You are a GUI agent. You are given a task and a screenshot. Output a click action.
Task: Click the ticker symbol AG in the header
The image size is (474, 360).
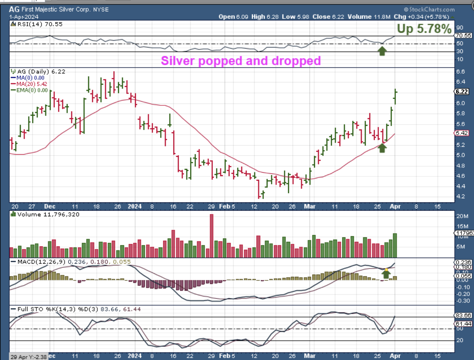[x=14, y=9]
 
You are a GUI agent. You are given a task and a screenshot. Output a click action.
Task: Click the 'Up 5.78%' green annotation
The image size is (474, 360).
[x=424, y=29]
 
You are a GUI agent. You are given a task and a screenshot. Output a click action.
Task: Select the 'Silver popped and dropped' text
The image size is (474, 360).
[x=241, y=61]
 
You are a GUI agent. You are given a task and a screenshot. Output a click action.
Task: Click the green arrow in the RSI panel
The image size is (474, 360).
[x=382, y=50]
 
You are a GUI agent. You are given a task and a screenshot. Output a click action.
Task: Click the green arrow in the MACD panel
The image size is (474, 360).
[x=386, y=274]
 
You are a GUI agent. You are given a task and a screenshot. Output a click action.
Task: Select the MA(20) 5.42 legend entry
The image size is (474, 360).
[x=32, y=84]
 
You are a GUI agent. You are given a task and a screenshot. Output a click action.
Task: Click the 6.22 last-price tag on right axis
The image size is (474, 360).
[x=462, y=92]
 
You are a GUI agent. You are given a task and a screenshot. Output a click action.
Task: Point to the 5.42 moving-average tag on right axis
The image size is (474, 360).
[x=462, y=133]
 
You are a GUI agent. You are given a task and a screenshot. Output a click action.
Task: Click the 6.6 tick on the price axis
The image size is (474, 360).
[x=460, y=71]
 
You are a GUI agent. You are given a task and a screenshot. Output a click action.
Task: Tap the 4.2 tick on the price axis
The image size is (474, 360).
[x=460, y=196]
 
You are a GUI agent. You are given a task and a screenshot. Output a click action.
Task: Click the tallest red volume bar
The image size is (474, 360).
[x=211, y=235]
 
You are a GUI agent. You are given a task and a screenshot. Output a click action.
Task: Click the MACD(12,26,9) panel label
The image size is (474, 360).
[x=41, y=262]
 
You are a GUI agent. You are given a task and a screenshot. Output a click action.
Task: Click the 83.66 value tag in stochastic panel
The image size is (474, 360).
[x=463, y=316]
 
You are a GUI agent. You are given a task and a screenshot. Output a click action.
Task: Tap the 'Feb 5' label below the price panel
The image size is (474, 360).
[x=227, y=207]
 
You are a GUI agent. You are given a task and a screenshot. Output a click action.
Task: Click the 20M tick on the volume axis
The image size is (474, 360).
[x=462, y=216]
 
